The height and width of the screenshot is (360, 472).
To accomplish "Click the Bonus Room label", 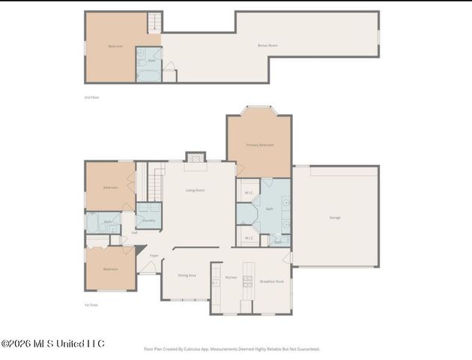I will (267, 46).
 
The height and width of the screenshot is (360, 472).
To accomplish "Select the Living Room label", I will (195, 190).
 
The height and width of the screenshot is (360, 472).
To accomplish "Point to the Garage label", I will (335, 217).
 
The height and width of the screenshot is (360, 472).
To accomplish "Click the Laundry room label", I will (148, 220).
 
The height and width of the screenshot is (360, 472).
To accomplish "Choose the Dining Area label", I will (187, 275).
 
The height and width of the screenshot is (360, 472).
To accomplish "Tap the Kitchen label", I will (232, 277).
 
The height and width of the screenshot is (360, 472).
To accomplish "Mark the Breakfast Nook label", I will (270, 281).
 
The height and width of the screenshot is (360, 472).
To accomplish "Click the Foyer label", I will (154, 255).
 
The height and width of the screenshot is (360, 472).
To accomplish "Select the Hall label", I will (135, 232).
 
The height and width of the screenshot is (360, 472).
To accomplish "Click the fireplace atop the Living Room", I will (195, 157).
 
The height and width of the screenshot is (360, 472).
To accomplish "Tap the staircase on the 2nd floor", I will (154, 22).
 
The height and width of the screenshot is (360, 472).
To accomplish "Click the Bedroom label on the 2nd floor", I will (115, 46).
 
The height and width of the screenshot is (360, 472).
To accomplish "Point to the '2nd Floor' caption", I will (91, 97).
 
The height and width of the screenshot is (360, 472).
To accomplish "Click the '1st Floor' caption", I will (91, 305).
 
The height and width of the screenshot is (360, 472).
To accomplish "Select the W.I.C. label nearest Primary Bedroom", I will (248, 193).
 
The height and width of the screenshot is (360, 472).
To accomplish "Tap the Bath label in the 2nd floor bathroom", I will (152, 61).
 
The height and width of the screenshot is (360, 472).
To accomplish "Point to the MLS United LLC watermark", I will (52, 343).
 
